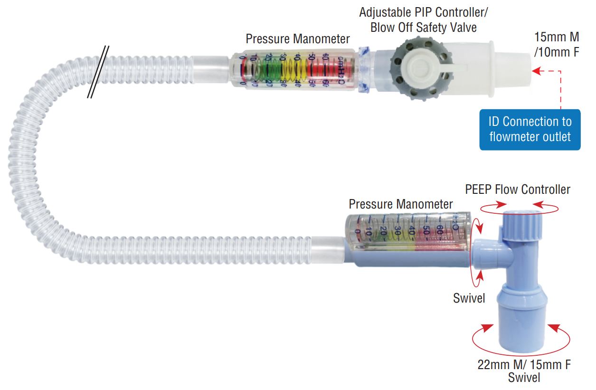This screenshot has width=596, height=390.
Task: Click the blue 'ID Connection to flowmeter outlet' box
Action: [x=530, y=130]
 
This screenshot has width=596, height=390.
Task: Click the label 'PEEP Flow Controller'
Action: [x=518, y=190]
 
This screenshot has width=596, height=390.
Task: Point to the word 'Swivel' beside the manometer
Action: [x=469, y=298]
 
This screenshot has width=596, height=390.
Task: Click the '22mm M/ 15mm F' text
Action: [x=524, y=365]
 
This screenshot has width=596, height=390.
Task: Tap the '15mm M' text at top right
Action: [x=557, y=37]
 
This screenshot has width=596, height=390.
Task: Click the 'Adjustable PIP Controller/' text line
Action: [x=424, y=12]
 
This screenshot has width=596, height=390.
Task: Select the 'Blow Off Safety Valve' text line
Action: [x=424, y=28]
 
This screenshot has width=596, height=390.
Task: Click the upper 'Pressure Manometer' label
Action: [x=297, y=39]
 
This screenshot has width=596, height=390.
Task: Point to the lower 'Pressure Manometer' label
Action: [x=401, y=204]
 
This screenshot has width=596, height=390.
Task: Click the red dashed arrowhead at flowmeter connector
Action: [x=538, y=71]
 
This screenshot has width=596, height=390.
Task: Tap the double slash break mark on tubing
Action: [x=98, y=72]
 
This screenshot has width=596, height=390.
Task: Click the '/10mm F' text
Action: [x=557, y=52]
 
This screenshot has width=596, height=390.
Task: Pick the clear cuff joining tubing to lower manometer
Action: [x=327, y=250]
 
